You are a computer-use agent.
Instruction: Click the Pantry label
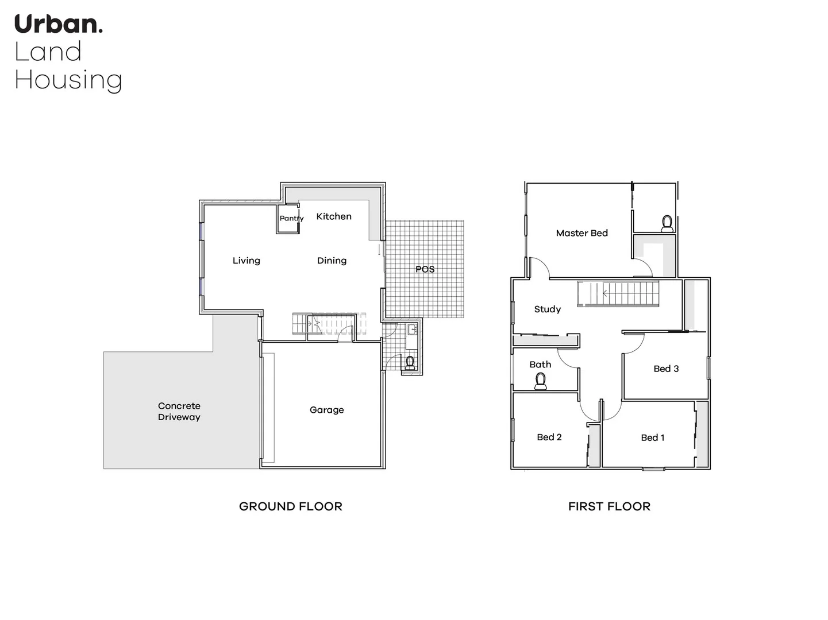(x=291, y=218)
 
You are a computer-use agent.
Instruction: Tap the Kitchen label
(x=334, y=216)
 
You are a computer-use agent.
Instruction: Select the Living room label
(x=247, y=261)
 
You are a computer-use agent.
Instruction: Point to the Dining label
(x=332, y=261)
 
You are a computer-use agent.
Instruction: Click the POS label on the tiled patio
(x=425, y=269)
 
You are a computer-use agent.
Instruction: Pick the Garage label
(x=326, y=410)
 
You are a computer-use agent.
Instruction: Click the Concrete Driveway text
(x=179, y=412)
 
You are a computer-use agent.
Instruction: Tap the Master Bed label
(x=581, y=233)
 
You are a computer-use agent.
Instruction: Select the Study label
(x=547, y=309)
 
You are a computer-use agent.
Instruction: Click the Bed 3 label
(x=666, y=369)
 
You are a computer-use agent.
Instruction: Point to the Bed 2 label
(x=549, y=437)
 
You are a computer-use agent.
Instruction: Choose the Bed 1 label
(x=652, y=438)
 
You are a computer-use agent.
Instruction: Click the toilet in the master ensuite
(x=667, y=223)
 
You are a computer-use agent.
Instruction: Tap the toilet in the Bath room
(x=540, y=381)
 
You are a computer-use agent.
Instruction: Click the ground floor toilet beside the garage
(x=410, y=363)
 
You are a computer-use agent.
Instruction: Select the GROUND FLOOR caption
(x=290, y=506)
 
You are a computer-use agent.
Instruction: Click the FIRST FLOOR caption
(x=609, y=506)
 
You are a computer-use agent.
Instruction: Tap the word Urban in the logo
(x=58, y=25)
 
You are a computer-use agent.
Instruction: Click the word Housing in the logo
(x=68, y=80)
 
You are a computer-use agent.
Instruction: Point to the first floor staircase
(x=618, y=294)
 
